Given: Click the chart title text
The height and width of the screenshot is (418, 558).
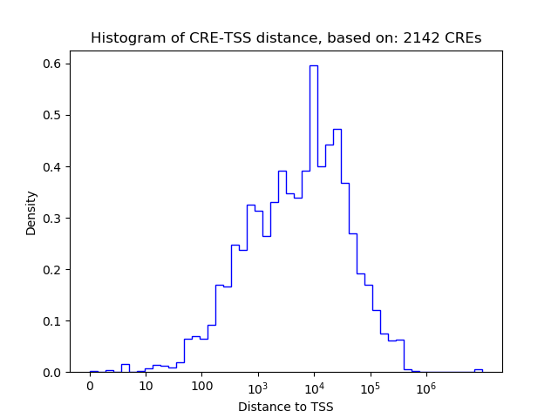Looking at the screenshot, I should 286,38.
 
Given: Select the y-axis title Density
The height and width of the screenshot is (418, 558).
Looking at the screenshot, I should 31,212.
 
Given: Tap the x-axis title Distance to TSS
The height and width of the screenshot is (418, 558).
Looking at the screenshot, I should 286,406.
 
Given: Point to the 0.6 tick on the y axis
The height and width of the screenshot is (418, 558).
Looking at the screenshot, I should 52,64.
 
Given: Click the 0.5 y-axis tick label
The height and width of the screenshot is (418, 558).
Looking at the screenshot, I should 52,115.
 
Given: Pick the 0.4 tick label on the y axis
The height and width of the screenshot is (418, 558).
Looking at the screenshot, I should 52,166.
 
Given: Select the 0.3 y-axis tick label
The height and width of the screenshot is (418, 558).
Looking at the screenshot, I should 52,218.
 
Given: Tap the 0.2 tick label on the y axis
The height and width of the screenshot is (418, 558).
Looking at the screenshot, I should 52,269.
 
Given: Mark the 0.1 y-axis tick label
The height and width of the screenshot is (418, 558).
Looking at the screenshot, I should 52,320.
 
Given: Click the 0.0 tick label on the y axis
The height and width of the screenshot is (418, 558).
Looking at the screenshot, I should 52,372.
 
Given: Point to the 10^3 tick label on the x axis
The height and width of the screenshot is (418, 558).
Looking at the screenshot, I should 258,387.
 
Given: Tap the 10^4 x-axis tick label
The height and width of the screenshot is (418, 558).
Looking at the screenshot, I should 314,387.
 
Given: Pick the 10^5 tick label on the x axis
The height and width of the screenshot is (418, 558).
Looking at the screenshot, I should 370,387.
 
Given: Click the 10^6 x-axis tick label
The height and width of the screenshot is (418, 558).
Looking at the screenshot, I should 425,387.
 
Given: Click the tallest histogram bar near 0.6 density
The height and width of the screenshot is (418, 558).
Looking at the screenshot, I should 313,218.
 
